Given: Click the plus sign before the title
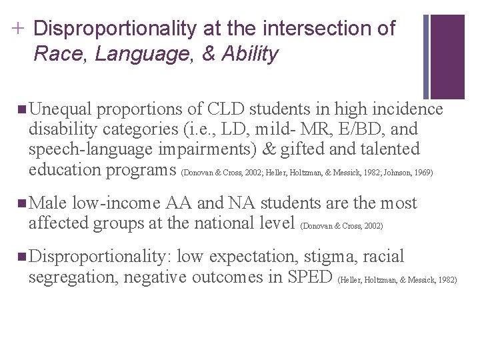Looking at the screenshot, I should pos(17,29).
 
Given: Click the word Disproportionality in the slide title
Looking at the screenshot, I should pos(113,29).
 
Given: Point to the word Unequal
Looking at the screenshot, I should pos(65,109).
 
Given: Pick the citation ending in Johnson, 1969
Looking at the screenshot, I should pos(307,173).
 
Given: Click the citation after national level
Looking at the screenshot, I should pos(343,226).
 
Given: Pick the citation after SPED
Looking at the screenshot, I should pos(398,280).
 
